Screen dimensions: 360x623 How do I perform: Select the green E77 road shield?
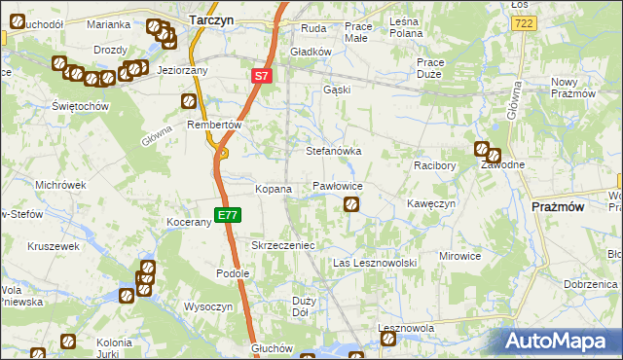tap(227, 215)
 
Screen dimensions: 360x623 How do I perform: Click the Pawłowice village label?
tap(338, 185)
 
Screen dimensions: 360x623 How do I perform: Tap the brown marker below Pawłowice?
tap(351, 204)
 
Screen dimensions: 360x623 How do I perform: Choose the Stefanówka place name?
tap(334, 152)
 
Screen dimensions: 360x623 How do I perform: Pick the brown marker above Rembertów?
tap(189, 100)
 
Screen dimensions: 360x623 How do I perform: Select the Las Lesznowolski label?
tap(375, 264)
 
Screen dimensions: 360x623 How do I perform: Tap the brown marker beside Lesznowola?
tap(388, 339)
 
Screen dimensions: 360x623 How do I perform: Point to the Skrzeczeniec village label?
tap(283, 246)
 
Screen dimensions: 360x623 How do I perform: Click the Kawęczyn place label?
tap(431, 204)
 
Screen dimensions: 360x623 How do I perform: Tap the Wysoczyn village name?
tap(207, 306)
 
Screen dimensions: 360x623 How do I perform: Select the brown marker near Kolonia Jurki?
tap(69, 341)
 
